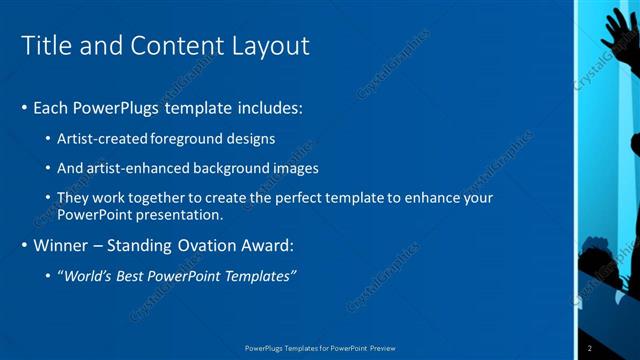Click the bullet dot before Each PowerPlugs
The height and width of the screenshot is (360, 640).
[x=24, y=107]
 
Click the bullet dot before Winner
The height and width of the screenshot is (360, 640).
[x=24, y=245]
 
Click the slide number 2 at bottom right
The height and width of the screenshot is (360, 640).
[x=590, y=348]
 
